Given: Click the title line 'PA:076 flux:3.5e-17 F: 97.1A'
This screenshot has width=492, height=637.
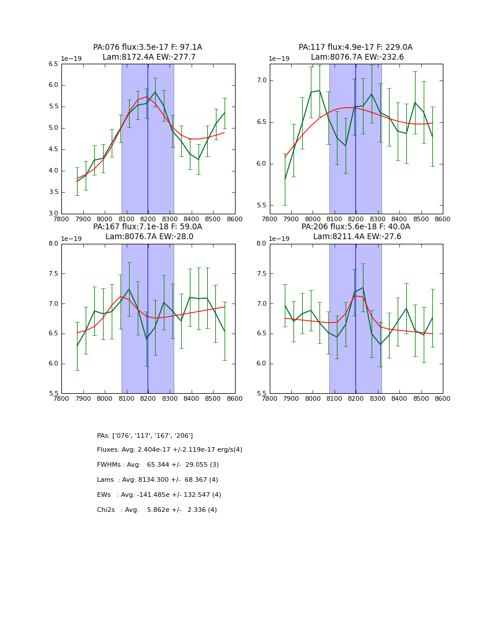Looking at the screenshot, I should pyautogui.click(x=148, y=47).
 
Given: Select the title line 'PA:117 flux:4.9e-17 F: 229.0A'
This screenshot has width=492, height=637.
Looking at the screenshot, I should pyautogui.click(x=355, y=47).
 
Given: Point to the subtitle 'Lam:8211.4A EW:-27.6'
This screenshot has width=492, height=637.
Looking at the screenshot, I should pyautogui.click(x=355, y=237).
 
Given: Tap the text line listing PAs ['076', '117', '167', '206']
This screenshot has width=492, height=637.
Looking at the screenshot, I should pyautogui.click(x=145, y=435).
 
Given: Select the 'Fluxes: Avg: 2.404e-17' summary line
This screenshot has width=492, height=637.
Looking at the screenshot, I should pyautogui.click(x=170, y=450).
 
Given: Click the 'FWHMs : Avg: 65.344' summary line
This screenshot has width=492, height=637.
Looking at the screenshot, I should pyautogui.click(x=157, y=465).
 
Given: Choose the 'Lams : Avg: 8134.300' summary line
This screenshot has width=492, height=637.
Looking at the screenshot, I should pyautogui.click(x=157, y=480).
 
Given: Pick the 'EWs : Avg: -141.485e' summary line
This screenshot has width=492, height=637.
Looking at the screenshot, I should pyautogui.click(x=159, y=495).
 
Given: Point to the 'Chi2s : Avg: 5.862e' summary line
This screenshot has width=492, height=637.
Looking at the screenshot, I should pyautogui.click(x=157, y=510).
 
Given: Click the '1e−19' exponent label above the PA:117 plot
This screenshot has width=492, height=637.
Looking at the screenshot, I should pyautogui.click(x=279, y=58).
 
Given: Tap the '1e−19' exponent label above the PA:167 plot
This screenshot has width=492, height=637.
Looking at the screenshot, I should pyautogui.click(x=71, y=239).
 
